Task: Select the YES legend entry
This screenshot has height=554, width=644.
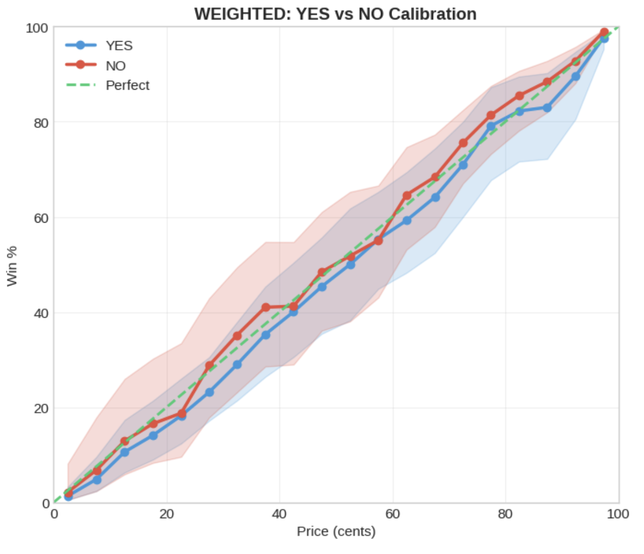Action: click(119, 46)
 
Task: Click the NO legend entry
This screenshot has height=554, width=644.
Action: click(115, 66)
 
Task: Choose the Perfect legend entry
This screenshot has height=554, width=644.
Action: click(128, 85)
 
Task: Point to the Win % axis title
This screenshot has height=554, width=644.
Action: click(12, 266)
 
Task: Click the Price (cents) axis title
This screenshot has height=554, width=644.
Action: click(336, 531)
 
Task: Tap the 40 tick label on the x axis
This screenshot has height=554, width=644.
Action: click(279, 514)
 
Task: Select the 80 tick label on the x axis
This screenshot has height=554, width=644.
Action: click(505, 514)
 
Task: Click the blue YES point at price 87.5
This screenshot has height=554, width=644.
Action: click(547, 108)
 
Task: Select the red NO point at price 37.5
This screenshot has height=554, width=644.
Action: click(266, 308)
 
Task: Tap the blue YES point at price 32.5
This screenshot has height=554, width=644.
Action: click(237, 365)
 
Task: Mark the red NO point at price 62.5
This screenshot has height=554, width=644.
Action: click(407, 196)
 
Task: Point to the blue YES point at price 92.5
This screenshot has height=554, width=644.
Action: click(575, 77)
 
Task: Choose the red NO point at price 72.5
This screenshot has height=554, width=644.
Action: click(463, 143)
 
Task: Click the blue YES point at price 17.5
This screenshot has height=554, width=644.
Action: click(153, 436)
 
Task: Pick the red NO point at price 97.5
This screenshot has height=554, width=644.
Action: click(604, 32)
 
